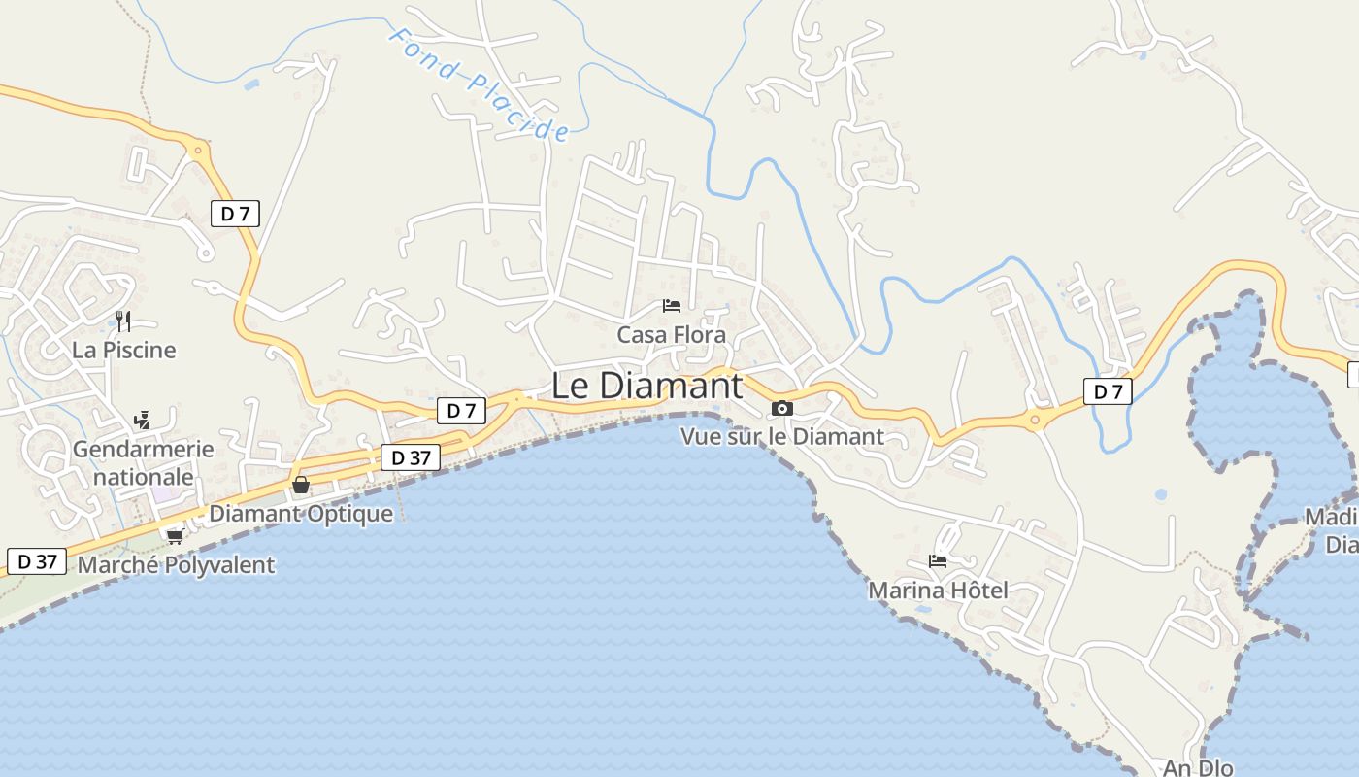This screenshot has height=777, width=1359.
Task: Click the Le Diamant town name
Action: pyautogui.click(x=646, y=386)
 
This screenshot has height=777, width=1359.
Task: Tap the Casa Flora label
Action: pyautogui.click(x=672, y=335)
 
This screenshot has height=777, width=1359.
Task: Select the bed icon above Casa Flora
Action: pyautogui.click(x=671, y=306)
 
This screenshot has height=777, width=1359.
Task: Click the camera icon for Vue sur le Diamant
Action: pyautogui.click(x=782, y=409)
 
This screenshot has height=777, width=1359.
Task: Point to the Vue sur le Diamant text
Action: pyautogui.click(x=782, y=437)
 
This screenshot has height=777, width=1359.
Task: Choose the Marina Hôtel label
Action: pyautogui.click(x=938, y=591)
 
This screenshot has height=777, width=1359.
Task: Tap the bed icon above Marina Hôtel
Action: pyautogui.click(x=938, y=561)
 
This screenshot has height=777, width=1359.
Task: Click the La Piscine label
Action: pyautogui.click(x=124, y=350)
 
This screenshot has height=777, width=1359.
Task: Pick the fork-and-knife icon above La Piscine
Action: pyautogui.click(x=123, y=321)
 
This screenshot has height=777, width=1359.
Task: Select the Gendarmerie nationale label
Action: pyautogui.click(x=143, y=463)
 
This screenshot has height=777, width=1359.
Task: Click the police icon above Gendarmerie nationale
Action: pyautogui.click(x=143, y=420)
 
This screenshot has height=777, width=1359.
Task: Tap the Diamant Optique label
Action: pyautogui.click(x=301, y=514)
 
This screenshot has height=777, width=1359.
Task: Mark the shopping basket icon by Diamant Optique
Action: pyautogui.click(x=301, y=485)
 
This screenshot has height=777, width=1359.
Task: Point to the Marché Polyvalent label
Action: pyautogui.click(x=176, y=565)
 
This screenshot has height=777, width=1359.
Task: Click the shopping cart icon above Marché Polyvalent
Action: pyautogui.click(x=175, y=535)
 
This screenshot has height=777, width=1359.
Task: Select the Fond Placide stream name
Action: pyautogui.click(x=479, y=84)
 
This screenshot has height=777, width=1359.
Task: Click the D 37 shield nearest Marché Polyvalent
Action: pyautogui.click(x=37, y=561)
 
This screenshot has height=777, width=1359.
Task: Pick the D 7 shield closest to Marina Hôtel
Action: pyautogui.click(x=1108, y=391)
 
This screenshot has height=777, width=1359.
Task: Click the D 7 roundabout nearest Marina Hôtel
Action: pyautogui.click(x=1035, y=421)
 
